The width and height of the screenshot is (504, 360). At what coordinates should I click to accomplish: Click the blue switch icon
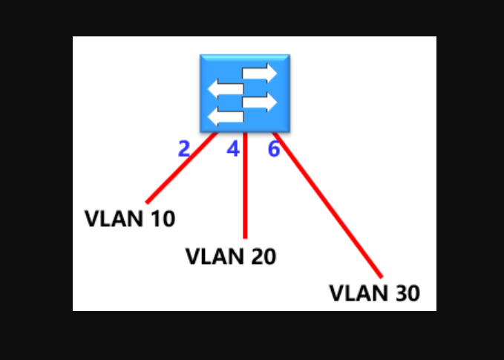pyautogui.click(x=244, y=93)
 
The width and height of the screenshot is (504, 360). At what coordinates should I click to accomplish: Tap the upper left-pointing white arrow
pyautogui.click(x=226, y=88)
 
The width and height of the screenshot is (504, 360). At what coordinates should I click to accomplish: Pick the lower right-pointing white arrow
pyautogui.click(x=259, y=102)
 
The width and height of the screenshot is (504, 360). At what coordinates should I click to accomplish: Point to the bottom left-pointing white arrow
pyautogui.click(x=226, y=117)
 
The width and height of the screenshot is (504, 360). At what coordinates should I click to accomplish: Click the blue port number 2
pyautogui.click(x=184, y=149)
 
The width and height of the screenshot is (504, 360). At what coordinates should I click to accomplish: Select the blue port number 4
pyautogui.click(x=233, y=149)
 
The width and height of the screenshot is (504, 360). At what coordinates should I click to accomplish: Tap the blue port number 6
pyautogui.click(x=273, y=149)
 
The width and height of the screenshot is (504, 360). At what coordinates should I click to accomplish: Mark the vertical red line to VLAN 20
pyautogui.click(x=244, y=186)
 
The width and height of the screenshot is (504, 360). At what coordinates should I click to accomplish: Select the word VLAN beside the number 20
pyautogui.click(x=209, y=256)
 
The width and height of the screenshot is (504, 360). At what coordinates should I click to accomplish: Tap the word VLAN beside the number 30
pyautogui.click(x=353, y=293)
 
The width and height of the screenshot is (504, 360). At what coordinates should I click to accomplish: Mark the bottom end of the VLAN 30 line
pyautogui.click(x=379, y=275)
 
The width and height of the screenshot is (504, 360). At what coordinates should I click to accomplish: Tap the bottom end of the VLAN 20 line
pyautogui.click(x=244, y=236)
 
